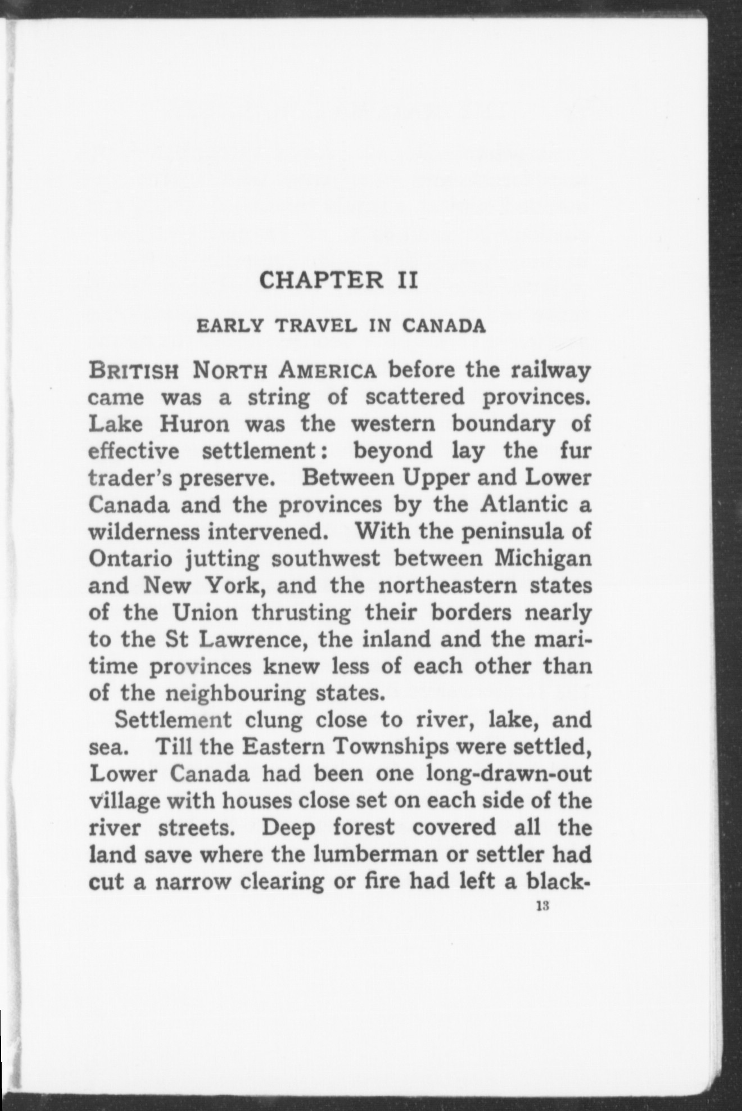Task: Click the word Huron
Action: click(194, 424)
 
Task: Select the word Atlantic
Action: click(524, 505)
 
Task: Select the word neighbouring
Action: click(236, 693)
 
